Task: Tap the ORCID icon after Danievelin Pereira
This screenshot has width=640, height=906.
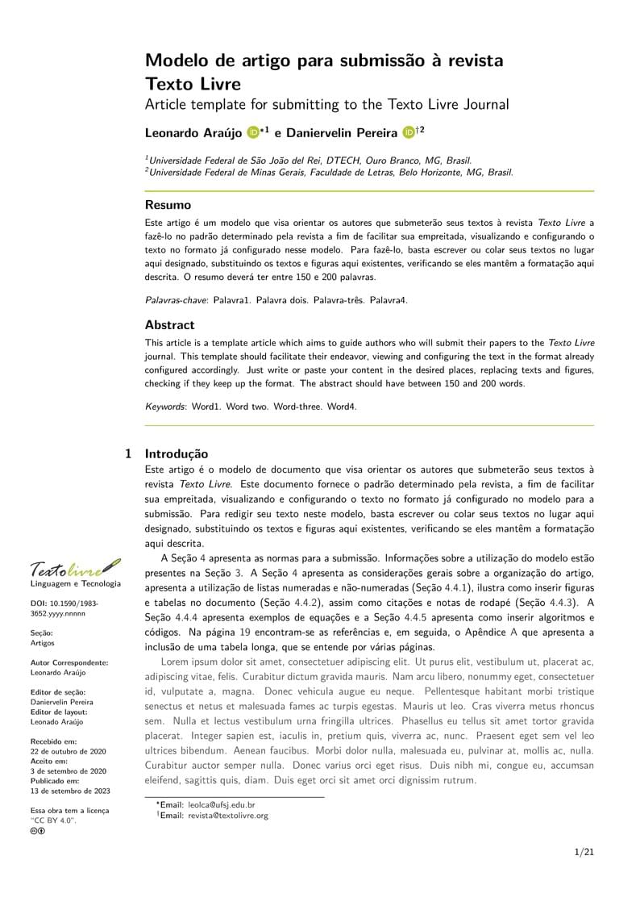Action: click(408, 132)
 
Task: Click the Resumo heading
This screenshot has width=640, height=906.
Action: click(168, 205)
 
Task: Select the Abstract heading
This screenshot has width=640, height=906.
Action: click(169, 325)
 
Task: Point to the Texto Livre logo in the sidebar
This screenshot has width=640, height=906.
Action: click(75, 570)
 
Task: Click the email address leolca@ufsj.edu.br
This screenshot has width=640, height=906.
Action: click(222, 804)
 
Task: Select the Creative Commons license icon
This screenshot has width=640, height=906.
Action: click(37, 830)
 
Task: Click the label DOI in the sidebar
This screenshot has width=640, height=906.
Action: click(38, 603)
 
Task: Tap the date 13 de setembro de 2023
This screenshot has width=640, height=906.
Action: click(70, 791)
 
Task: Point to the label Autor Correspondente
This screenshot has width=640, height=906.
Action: click(69, 662)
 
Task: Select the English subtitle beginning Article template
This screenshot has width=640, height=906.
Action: click(326, 104)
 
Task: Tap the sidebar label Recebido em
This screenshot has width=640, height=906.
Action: click(54, 741)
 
